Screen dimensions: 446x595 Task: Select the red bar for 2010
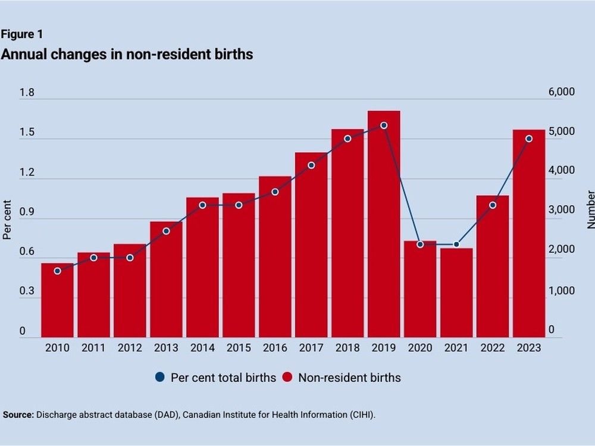[57, 300]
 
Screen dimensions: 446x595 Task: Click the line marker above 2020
[420, 244]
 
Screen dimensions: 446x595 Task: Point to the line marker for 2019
[384, 125]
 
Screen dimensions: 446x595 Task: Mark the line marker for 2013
[166, 231]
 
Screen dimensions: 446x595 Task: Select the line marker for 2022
[493, 205]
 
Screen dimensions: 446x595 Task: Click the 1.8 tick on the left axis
[27, 93]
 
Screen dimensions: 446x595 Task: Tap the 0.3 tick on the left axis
[27, 292]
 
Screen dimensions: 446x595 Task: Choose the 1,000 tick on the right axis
[561, 291]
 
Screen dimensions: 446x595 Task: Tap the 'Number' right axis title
[590, 210]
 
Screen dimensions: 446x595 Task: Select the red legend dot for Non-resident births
[287, 378]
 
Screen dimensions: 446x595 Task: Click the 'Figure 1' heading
[21, 34]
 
